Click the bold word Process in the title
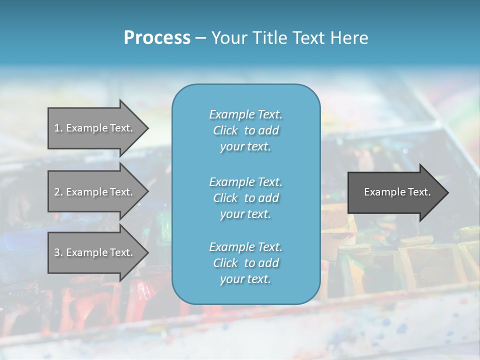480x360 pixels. (x=157, y=38)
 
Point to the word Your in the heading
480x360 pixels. (x=227, y=38)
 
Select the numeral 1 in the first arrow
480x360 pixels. (x=57, y=128)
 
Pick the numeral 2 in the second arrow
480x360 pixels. (x=57, y=192)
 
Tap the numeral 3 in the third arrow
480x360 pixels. (x=57, y=252)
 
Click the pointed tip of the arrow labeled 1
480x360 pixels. (x=147, y=128)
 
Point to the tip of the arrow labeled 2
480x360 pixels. (x=147, y=192)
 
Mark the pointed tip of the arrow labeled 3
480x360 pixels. (x=147, y=252)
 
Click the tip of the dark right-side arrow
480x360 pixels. (x=447, y=192)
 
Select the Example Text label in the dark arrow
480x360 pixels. (x=397, y=192)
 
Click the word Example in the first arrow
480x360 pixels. (x=86, y=128)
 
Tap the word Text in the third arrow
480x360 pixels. (x=121, y=252)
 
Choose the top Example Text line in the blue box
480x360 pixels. (x=245, y=114)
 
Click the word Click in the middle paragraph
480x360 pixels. (x=225, y=198)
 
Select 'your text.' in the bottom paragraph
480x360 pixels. (x=245, y=279)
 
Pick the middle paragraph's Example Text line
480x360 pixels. (x=245, y=182)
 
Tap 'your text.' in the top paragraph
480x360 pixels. (x=245, y=147)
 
